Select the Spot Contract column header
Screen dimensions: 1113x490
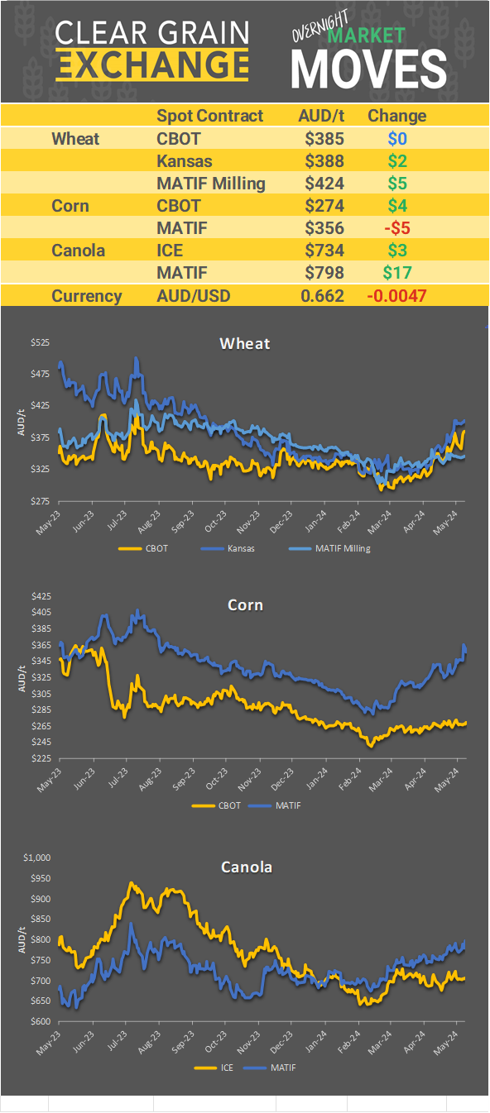pyautogui.click(x=209, y=116)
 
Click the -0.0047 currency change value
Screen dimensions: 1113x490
pyautogui.click(x=396, y=295)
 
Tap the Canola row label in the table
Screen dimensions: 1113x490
pyautogui.click(x=78, y=250)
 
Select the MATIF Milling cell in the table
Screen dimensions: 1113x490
pyautogui.click(x=210, y=184)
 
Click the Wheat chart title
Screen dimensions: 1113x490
pyautogui.click(x=244, y=343)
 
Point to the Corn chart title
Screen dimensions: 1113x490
pyautogui.click(x=245, y=604)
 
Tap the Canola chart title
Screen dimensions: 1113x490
pyautogui.click(x=246, y=867)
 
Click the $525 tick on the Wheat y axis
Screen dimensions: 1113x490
pyautogui.click(x=39, y=342)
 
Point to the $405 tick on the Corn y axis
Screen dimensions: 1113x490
pyautogui.click(x=39, y=612)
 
